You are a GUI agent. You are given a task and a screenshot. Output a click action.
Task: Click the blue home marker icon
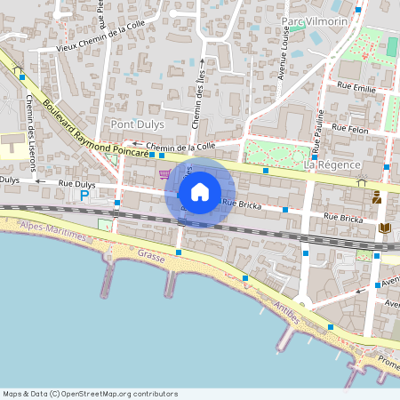pos(200,191)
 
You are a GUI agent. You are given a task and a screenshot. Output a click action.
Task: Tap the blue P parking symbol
pos(84,195)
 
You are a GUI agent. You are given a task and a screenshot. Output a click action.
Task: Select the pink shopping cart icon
pos(164,173)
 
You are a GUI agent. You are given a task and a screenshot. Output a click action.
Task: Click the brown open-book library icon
pos(384,228)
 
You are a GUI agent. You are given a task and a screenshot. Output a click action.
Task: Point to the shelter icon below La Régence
pos(361,183)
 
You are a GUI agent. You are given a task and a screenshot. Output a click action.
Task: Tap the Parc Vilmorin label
pos(312,20)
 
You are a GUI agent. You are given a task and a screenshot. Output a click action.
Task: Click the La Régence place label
pos(331,165)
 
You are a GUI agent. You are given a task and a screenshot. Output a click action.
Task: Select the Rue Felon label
pos(349,128)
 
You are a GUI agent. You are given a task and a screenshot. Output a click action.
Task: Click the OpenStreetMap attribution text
pos(90,394)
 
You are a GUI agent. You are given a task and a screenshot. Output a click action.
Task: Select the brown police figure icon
pos(377,196)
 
